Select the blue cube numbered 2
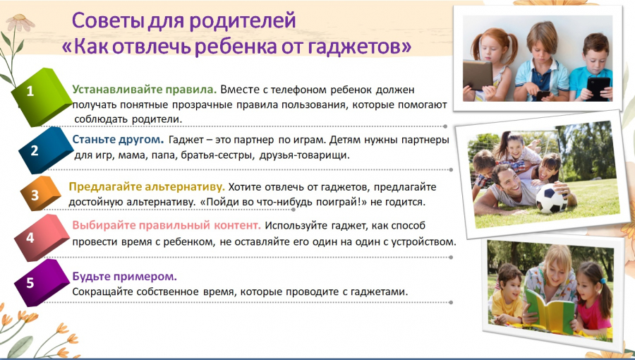pyautogui.click(x=44, y=149)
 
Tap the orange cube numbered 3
pyautogui.click(x=40, y=193)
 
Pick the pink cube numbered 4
pyautogui.click(x=42, y=237)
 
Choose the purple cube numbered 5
pyautogui.click(x=42, y=282)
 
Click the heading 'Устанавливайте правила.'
pyautogui.click(x=145, y=89)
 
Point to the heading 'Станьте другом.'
pyautogui.click(x=118, y=140)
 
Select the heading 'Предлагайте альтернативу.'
pyautogui.click(x=147, y=186)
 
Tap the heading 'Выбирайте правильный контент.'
pyautogui.click(x=167, y=225)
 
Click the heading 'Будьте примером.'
pyautogui.click(x=125, y=277)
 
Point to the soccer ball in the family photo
pyautogui.click(x=552, y=198)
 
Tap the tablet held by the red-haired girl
pyautogui.click(x=478, y=75)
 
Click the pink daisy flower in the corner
pyautogui.click(x=20, y=23)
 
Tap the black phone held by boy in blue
pyautogui.click(x=598, y=88)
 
